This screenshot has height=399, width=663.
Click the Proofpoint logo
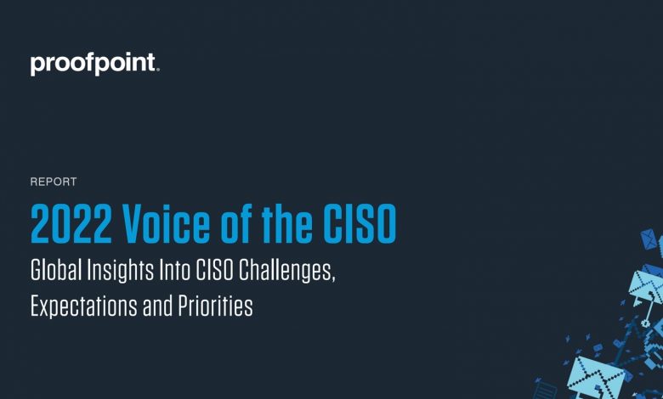[93, 65]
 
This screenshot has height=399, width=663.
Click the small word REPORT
[54, 182]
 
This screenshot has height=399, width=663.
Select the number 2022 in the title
[71, 223]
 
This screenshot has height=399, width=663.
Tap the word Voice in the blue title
[166, 223]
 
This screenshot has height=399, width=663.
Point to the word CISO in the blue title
[360, 223]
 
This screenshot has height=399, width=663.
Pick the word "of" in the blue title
[236, 223]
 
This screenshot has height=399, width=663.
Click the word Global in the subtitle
[56, 270]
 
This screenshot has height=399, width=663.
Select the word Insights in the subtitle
[121, 271]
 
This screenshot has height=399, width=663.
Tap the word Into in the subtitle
[174, 270]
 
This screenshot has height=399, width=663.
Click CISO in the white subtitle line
[214, 270]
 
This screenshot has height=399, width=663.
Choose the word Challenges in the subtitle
[286, 272]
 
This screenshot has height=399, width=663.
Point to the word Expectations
[83, 306]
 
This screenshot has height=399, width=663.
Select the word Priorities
[215, 306]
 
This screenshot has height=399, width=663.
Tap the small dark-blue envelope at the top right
[649, 239]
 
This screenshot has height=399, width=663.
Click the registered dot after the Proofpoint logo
[158, 70]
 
